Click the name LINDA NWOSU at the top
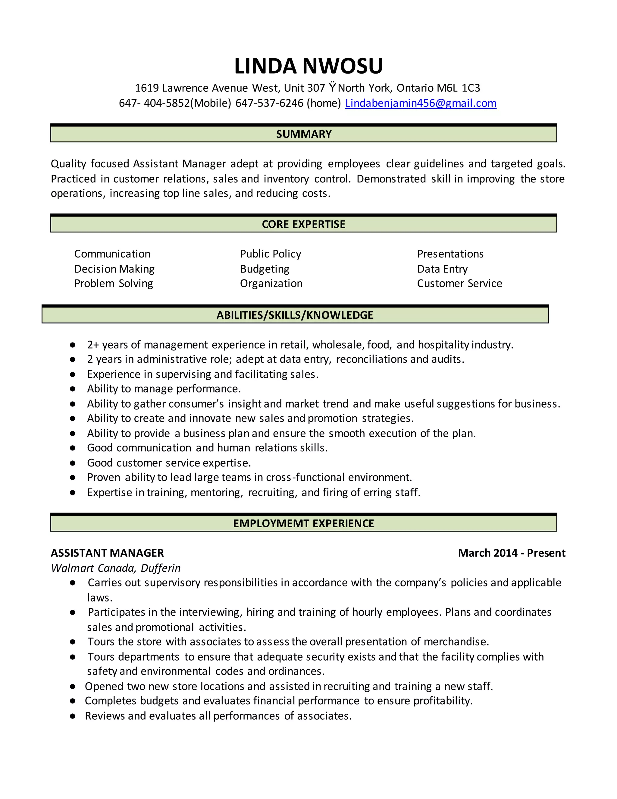pos(308,66)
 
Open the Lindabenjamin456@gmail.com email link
pos(421,103)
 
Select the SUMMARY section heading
pos(303,134)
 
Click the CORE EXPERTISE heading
pos(303,224)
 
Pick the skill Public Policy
pos(271,254)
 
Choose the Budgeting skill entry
pos(265,269)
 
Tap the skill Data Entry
pos(442,269)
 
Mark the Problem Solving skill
pos(114,283)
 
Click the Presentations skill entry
pos(450,254)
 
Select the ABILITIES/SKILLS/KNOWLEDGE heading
pos(295,315)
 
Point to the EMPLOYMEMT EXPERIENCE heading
pos(303,523)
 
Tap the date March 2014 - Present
pos(511,553)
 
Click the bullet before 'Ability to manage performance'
pos(73,389)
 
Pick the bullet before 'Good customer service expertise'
pos(73,463)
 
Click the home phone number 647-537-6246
pos(269,103)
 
